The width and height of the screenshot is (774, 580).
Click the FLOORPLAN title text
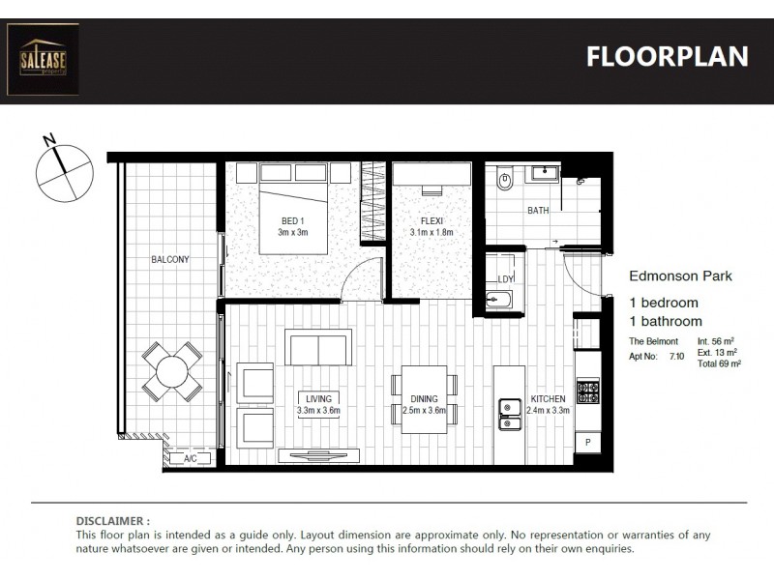click(667, 57)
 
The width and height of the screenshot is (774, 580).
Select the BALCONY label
click(169, 260)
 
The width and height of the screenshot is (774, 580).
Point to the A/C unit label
click(191, 459)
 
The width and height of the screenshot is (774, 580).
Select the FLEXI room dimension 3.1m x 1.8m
click(432, 233)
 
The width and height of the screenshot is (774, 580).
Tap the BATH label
click(538, 210)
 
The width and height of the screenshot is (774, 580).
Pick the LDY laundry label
click(505, 280)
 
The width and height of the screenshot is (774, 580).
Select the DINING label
click(424, 399)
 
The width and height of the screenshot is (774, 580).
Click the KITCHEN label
click(548, 399)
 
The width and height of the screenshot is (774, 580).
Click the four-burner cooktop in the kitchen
click(588, 392)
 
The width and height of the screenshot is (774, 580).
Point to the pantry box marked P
click(588, 443)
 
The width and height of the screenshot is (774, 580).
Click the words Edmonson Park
click(680, 275)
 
